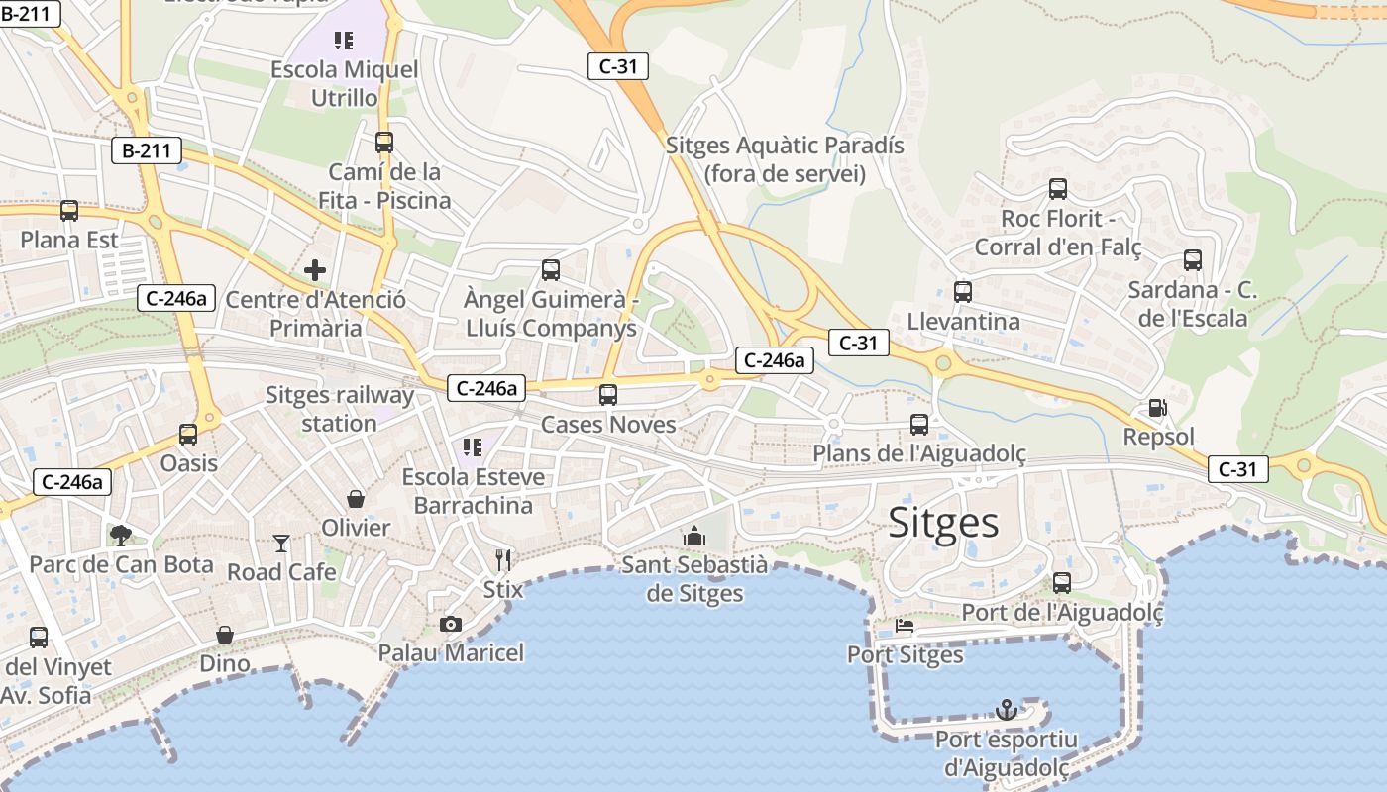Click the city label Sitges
pyautogui.click(x=943, y=522)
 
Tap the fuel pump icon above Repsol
pyautogui.click(x=1156, y=408)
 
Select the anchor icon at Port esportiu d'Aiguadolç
pyautogui.click(x=1007, y=710)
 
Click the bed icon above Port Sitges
pyautogui.click(x=905, y=626)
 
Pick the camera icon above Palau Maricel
pyautogui.click(x=451, y=624)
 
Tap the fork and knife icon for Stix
pyautogui.click(x=503, y=560)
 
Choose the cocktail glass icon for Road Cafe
pyautogui.click(x=281, y=543)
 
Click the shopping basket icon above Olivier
pyautogui.click(x=355, y=499)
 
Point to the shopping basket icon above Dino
pyautogui.click(x=225, y=635)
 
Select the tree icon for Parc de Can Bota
pyautogui.click(x=121, y=536)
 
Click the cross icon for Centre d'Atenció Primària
pyautogui.click(x=315, y=269)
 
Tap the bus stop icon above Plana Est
pyautogui.click(x=69, y=211)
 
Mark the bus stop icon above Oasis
pyautogui.click(x=188, y=434)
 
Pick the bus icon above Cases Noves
pyautogui.click(x=608, y=395)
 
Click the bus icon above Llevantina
pyautogui.click(x=963, y=292)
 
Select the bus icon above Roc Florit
pyautogui.click(x=1058, y=189)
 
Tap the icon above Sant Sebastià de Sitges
pyautogui.click(x=694, y=536)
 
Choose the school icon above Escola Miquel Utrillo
pyautogui.click(x=344, y=41)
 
